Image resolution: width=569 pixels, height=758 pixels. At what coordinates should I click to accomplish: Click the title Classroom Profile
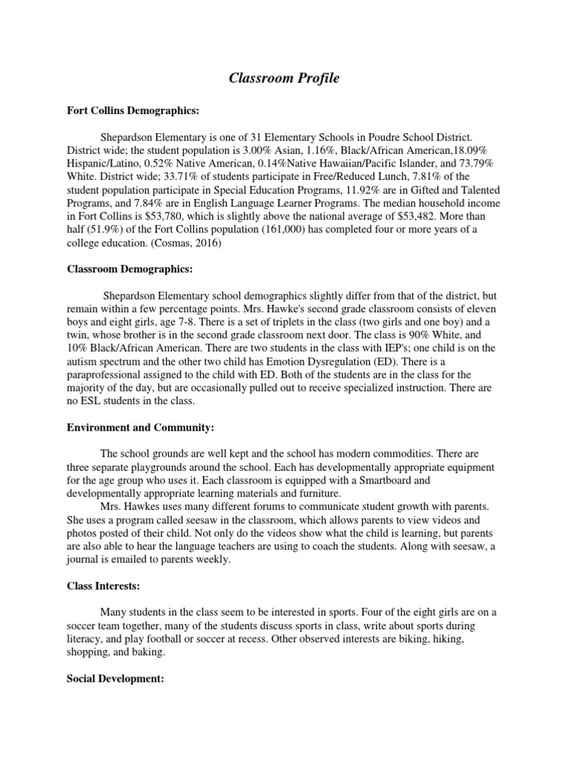coord(284,78)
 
